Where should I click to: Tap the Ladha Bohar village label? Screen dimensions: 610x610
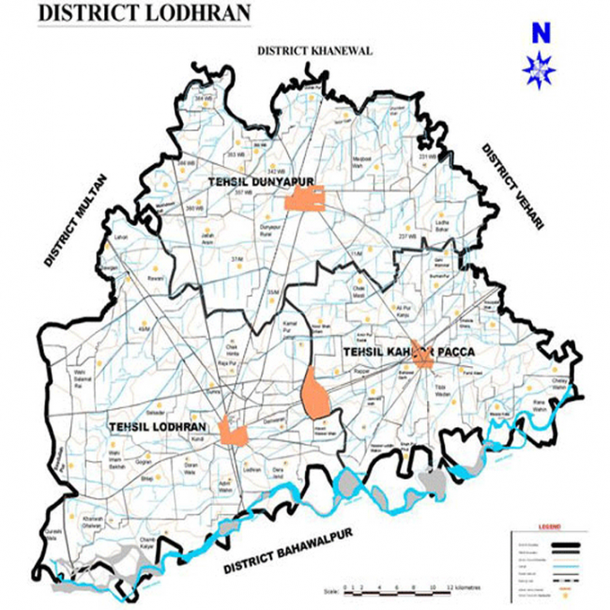pyautogui.click(x=440, y=224)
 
